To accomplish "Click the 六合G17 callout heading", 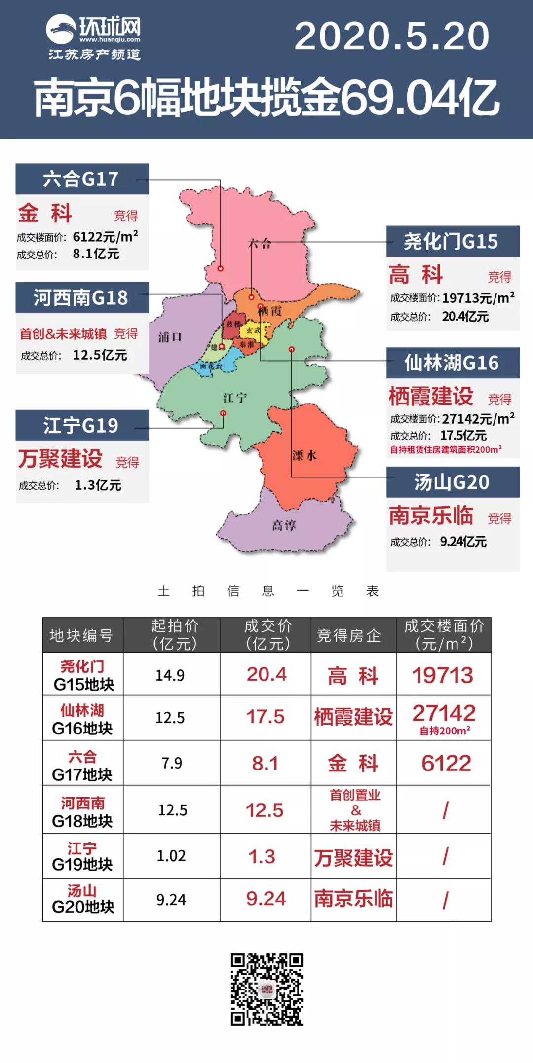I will pyautogui.click(x=81, y=179).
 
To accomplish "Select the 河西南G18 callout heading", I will pyautogui.click(x=81, y=297).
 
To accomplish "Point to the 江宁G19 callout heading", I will pyautogui.click(x=81, y=425).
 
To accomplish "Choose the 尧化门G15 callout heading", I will pyautogui.click(x=452, y=241).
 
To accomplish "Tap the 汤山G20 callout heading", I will pyautogui.click(x=452, y=482).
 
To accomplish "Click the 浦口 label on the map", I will pyautogui.click(x=170, y=337).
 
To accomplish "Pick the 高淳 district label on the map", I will pyautogui.click(x=284, y=525).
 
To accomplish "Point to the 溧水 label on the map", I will pyautogui.click(x=304, y=455).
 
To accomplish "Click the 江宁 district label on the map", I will pyautogui.click(x=235, y=398).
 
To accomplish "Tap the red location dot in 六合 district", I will pyautogui.click(x=221, y=268).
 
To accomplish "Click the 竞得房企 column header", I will pyautogui.click(x=349, y=635).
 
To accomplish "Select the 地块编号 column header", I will pyautogui.click(x=82, y=635).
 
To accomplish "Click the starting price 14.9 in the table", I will pyautogui.click(x=170, y=675).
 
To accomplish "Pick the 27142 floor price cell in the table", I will pyautogui.click(x=444, y=713).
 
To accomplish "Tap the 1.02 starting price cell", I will pyautogui.click(x=171, y=856).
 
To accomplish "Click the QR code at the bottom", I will pyautogui.click(x=267, y=989).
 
